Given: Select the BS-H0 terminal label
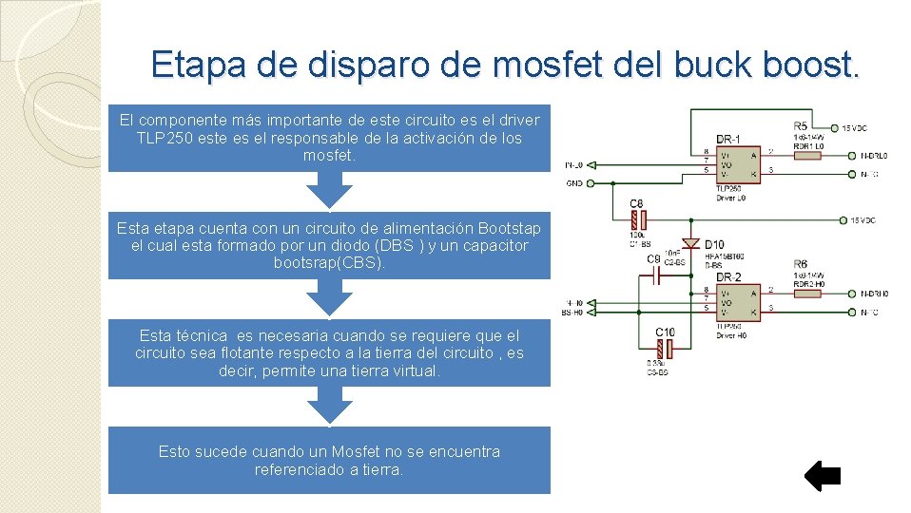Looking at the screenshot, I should (573, 311).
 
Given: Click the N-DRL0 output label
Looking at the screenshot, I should (873, 156).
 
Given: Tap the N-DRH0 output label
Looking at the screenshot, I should (873, 294).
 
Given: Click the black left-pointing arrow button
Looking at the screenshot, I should (823, 476).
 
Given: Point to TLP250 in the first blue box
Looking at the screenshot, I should (165, 138).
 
